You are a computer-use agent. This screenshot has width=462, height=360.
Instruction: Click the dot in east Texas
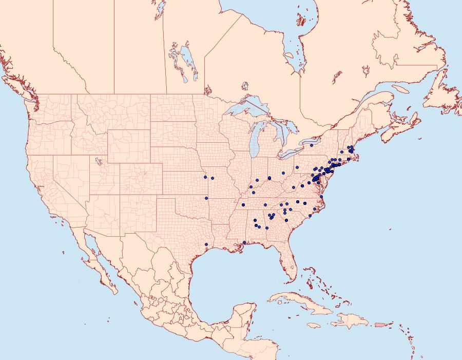[x=206, y=244]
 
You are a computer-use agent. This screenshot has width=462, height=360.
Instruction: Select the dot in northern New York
[x=312, y=145]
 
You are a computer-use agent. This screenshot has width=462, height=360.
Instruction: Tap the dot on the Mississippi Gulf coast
[x=244, y=242]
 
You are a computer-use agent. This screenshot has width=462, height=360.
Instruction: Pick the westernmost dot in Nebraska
[x=205, y=177]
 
